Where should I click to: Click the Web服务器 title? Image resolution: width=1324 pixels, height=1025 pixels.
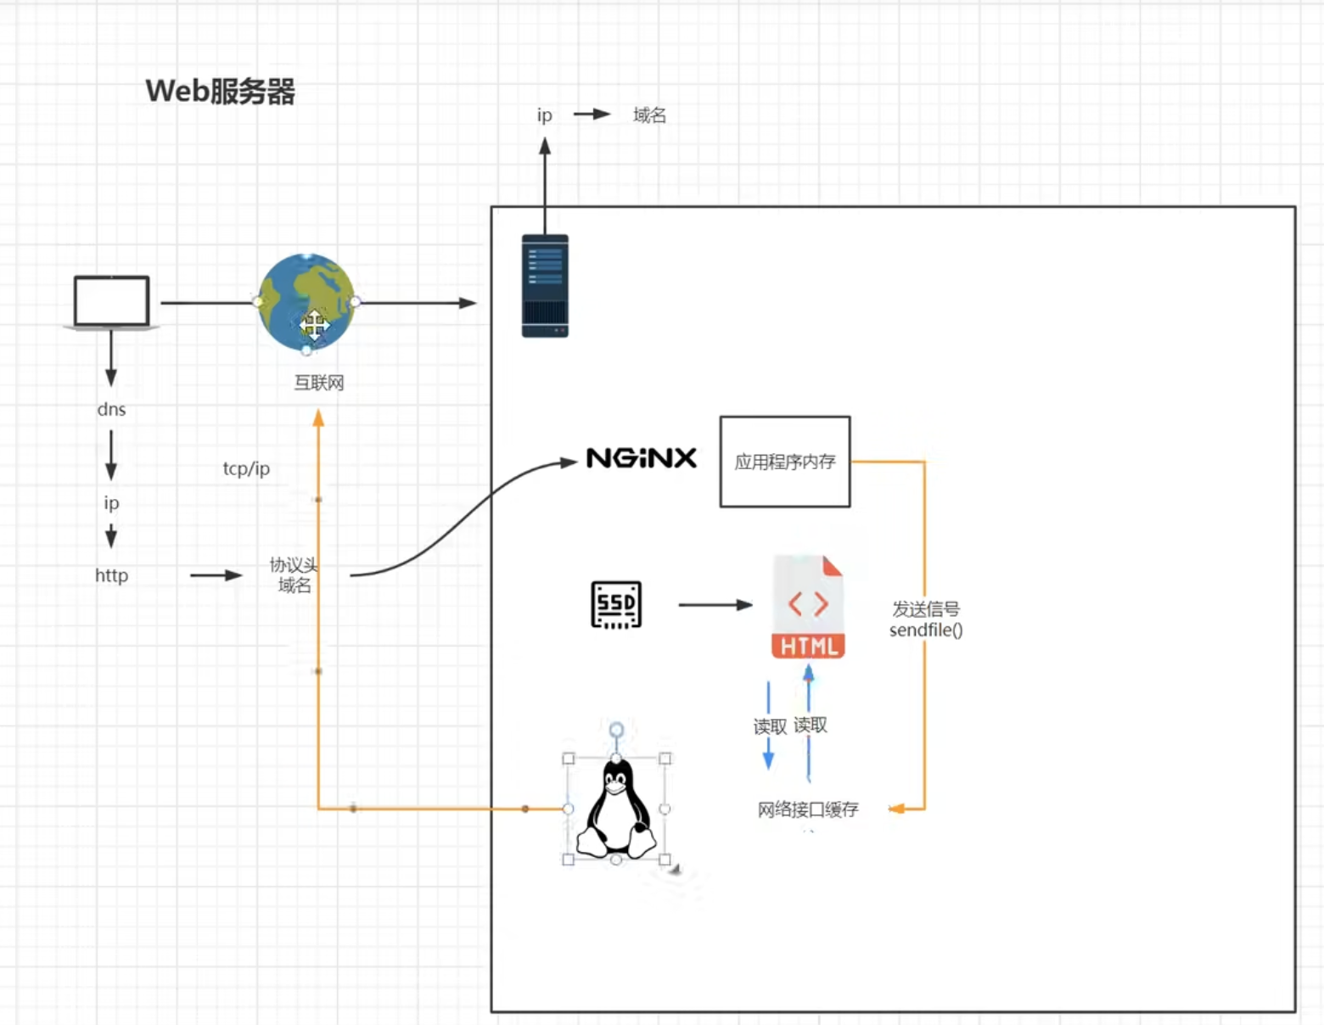220,91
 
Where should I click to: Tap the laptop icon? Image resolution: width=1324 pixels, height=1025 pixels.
111,302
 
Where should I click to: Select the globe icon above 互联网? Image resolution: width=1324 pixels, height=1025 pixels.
306,302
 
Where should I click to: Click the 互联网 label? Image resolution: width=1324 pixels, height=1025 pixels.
319,383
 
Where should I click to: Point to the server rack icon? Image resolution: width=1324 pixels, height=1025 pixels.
545,286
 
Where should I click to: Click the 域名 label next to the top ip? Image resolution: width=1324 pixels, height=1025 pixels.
649,115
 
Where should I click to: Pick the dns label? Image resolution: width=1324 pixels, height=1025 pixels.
111,409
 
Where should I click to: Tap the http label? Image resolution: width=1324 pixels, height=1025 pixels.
111,575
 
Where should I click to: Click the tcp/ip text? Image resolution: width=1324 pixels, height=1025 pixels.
246,468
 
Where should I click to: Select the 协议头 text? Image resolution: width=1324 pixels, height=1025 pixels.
293,564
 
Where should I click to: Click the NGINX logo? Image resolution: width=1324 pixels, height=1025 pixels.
642,458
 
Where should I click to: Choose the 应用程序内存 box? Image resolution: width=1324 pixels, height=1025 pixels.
785,462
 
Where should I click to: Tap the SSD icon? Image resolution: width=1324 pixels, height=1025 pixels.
616,605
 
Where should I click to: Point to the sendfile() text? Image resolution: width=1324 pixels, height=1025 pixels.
926,630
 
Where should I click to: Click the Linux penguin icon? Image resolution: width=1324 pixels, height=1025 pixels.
617,809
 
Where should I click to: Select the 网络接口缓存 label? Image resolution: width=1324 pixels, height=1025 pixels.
808,809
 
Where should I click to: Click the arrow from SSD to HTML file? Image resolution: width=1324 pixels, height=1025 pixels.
715,605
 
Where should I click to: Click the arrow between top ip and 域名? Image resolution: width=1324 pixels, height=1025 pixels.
592,114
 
